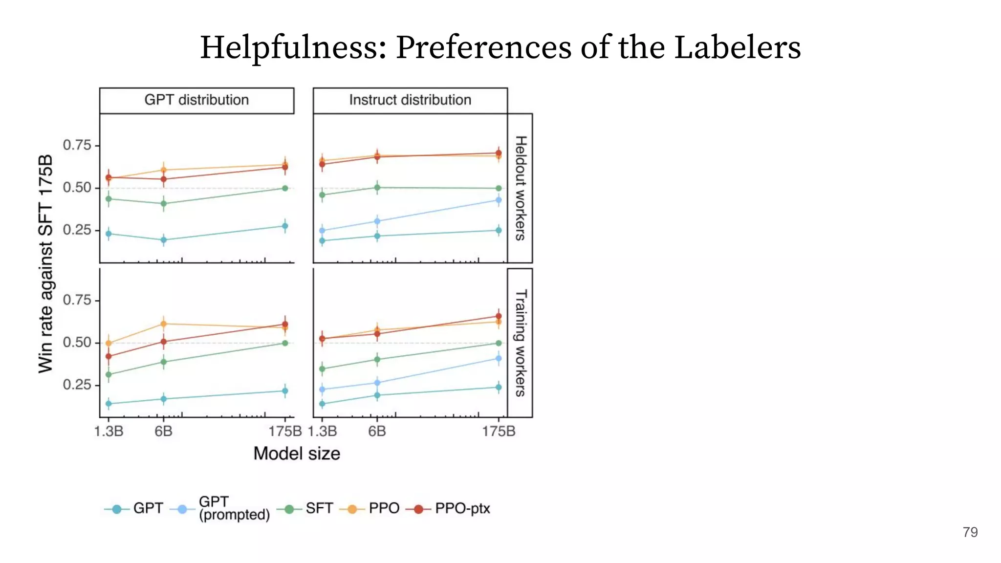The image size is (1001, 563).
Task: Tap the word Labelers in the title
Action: tap(737, 48)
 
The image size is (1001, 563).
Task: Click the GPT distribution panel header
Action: tap(196, 100)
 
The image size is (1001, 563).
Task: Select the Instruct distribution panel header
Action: tap(410, 100)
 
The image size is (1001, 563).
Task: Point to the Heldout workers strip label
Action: tap(521, 188)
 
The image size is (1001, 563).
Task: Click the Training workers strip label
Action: tap(521, 343)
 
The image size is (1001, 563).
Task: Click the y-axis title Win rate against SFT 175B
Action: tap(45, 264)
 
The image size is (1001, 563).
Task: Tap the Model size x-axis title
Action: tap(297, 454)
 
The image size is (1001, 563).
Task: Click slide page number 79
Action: tap(970, 532)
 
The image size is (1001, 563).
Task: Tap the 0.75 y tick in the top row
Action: tap(77, 145)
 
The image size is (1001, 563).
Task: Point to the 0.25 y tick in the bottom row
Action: tap(77, 385)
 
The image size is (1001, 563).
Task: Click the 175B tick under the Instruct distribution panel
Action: tap(499, 432)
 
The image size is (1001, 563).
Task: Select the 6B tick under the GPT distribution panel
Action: tap(163, 432)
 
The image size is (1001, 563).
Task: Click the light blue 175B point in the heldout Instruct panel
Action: tap(499, 200)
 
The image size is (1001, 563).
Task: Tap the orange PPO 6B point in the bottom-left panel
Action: tap(164, 324)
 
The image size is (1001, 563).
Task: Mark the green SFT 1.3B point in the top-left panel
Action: tap(109, 199)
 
